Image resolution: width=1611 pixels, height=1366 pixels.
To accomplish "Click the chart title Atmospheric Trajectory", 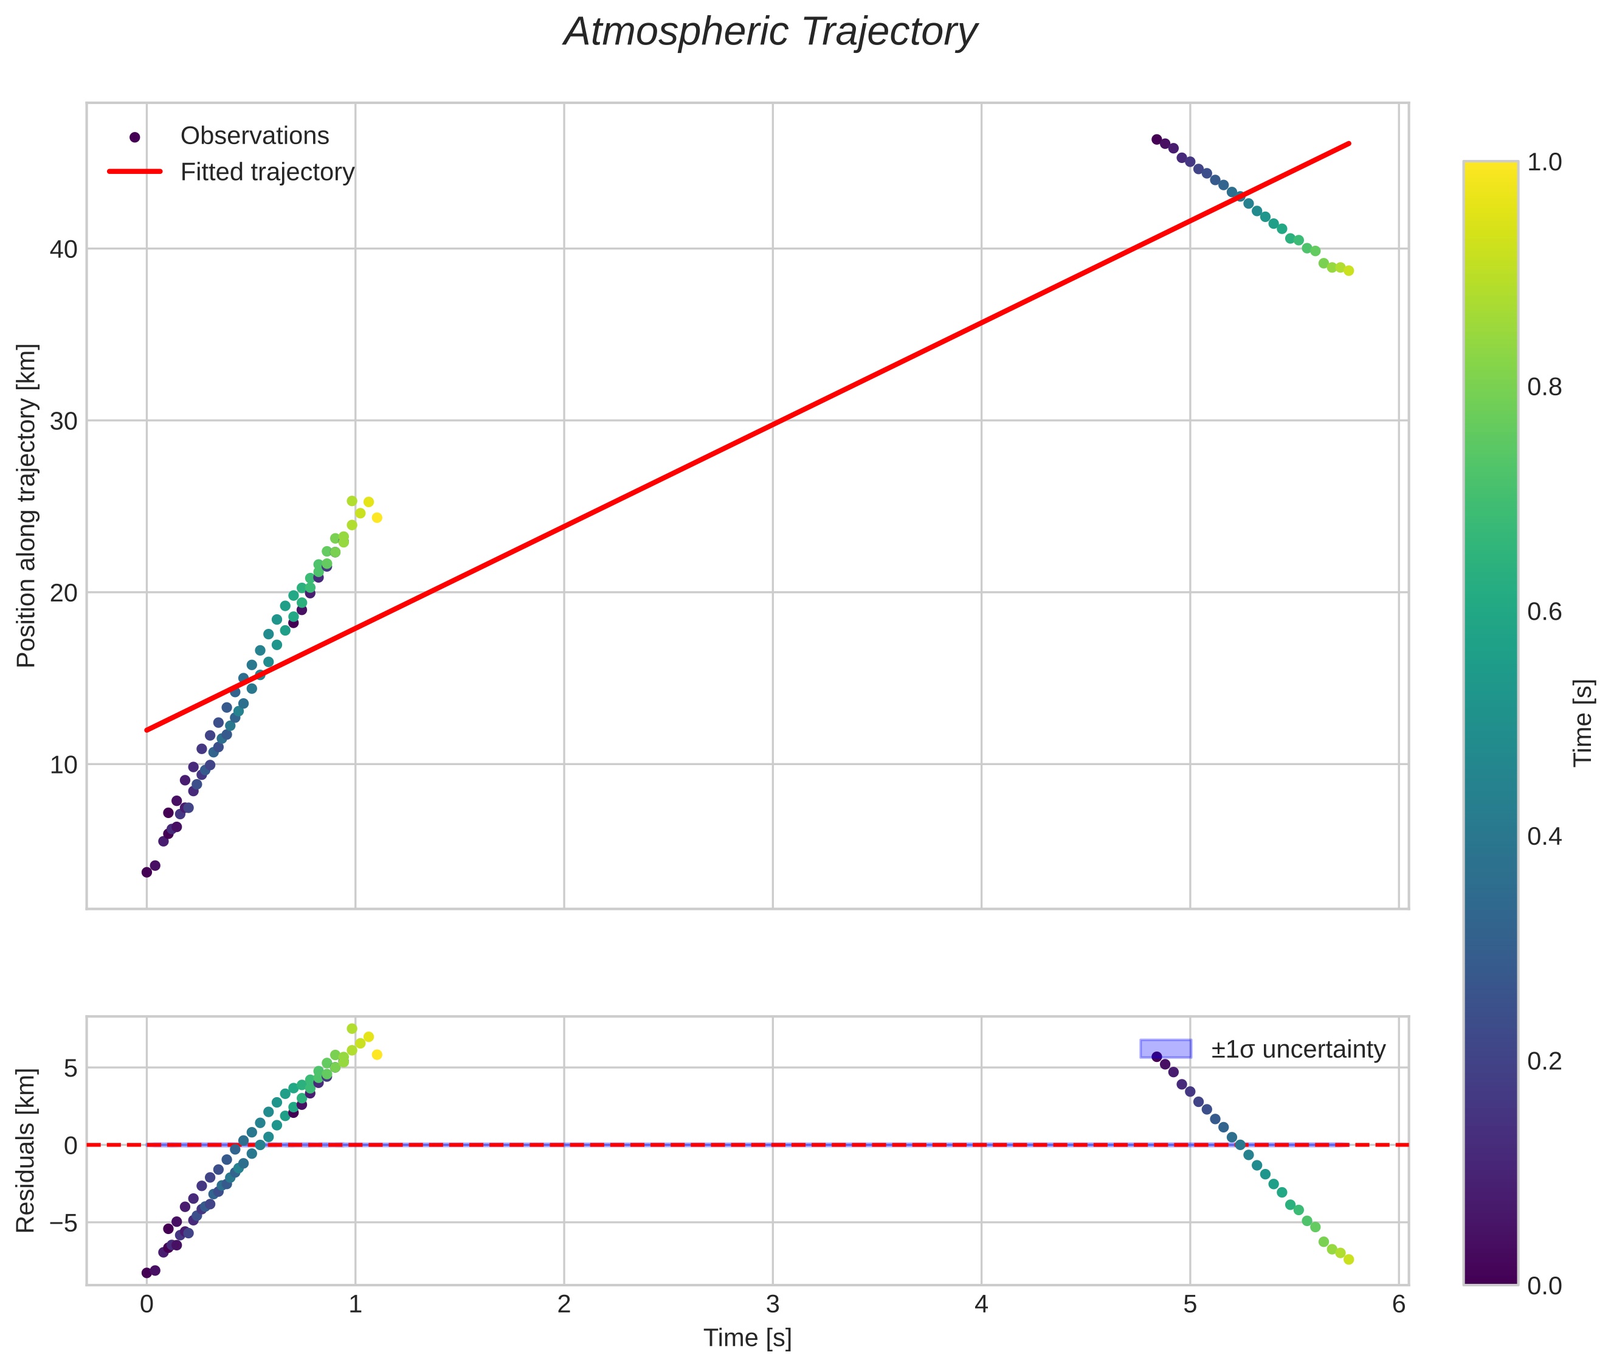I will pos(770,32).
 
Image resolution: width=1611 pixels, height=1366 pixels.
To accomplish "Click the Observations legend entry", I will pos(254,136).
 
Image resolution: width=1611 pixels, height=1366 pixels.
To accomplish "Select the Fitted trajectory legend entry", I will pos(266,172).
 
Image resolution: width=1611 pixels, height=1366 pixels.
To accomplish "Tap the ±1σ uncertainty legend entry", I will pos(1297,1049).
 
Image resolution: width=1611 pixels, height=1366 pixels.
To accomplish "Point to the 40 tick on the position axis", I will pos(63,249).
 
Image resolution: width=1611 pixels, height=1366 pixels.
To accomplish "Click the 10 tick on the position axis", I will pos(63,765).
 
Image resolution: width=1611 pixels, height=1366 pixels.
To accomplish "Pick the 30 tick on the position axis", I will pos(63,421).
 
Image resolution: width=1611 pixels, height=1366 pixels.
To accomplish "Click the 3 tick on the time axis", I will pos(773,1305).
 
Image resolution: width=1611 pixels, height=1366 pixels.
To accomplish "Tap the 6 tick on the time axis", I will pos(1398,1305).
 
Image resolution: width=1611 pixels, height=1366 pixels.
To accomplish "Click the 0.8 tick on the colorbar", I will pos(1544,387).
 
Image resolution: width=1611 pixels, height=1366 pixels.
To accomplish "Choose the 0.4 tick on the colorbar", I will pos(1544,836).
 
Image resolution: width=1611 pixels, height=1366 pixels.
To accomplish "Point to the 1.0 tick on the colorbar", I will pos(1544,162).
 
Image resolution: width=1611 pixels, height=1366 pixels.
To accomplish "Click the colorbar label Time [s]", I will pos(1583,723).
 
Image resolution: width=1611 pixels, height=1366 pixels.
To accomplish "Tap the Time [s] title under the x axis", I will pos(747,1338).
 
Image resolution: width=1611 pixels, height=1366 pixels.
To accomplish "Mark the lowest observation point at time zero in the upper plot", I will pos(147,872).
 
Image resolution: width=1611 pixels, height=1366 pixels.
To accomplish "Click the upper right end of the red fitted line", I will pos(1348,144).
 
